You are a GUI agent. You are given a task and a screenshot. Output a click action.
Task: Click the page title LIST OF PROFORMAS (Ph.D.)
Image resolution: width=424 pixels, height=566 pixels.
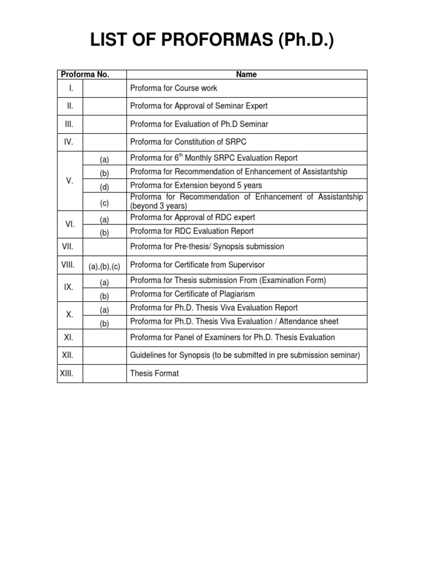click(x=211, y=40)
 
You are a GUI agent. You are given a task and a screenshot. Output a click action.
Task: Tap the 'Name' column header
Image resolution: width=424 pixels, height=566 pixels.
click(x=246, y=75)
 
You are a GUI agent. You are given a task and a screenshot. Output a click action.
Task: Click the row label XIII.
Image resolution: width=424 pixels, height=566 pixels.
click(x=67, y=374)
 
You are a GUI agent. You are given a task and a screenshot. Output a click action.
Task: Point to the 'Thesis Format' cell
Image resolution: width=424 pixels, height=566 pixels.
click(x=155, y=374)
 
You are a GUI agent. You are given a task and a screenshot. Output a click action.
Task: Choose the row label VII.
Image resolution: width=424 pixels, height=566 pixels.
click(x=67, y=246)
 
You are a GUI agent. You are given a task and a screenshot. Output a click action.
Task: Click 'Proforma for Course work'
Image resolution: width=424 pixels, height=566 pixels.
click(x=174, y=88)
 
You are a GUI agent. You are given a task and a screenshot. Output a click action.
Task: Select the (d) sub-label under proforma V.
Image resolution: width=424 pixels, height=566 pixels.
click(x=104, y=187)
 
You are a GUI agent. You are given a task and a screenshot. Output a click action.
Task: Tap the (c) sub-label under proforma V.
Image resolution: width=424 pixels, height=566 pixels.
click(x=104, y=203)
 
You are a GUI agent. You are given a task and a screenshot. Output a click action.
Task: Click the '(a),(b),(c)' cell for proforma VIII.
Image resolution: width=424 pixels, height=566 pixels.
click(x=104, y=266)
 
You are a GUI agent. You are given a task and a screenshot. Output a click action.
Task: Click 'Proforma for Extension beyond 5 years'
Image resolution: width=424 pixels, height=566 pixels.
click(x=196, y=185)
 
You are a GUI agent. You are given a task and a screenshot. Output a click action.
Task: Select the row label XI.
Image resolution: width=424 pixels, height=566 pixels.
click(x=70, y=337)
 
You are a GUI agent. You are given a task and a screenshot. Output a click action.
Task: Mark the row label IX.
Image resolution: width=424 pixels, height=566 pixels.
click(x=70, y=287)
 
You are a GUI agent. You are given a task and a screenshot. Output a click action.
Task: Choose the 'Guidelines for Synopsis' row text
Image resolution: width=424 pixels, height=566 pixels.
click(x=245, y=355)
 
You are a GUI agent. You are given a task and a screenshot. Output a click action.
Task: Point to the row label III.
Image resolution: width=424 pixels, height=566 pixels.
click(x=70, y=124)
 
